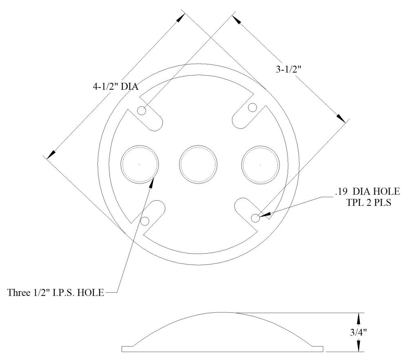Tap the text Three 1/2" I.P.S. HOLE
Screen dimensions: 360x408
coord(56,292)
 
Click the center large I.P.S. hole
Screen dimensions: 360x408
coord(199,165)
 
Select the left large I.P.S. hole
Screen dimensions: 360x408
coord(140,165)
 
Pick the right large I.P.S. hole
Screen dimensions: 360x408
coord(260,165)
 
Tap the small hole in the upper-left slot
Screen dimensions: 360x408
coord(142,110)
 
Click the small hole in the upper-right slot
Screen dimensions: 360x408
coord(253,108)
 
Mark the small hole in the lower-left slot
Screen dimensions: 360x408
coord(145,221)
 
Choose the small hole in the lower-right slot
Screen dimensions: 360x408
coord(255,218)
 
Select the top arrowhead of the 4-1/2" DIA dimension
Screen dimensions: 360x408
coord(180,17)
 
